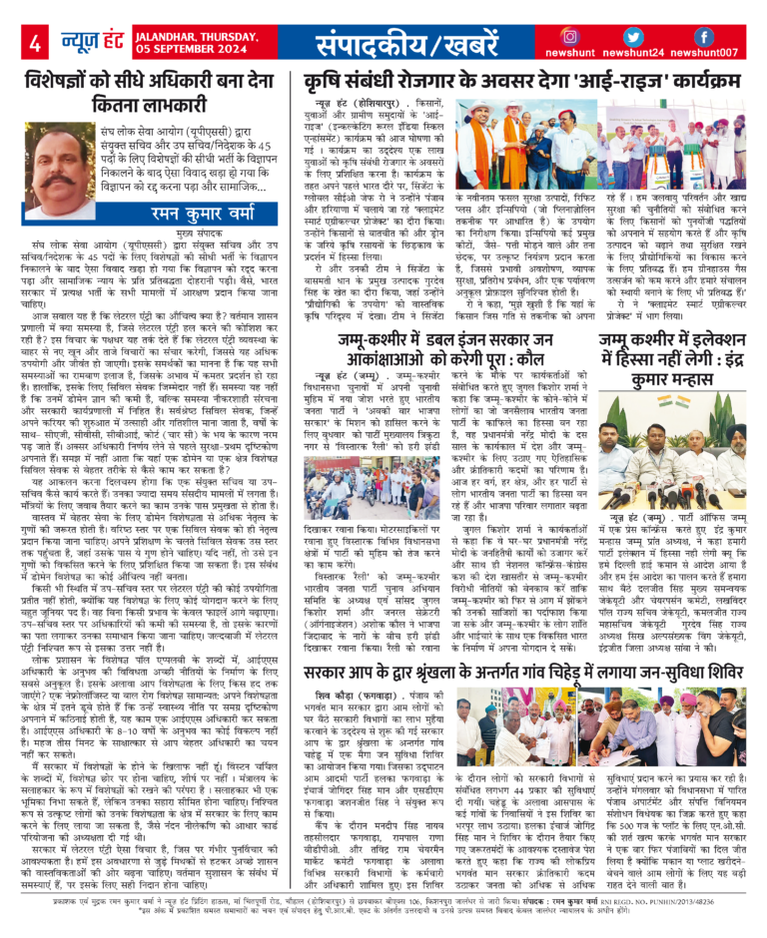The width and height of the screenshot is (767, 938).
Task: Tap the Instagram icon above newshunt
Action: pos(570,37)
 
